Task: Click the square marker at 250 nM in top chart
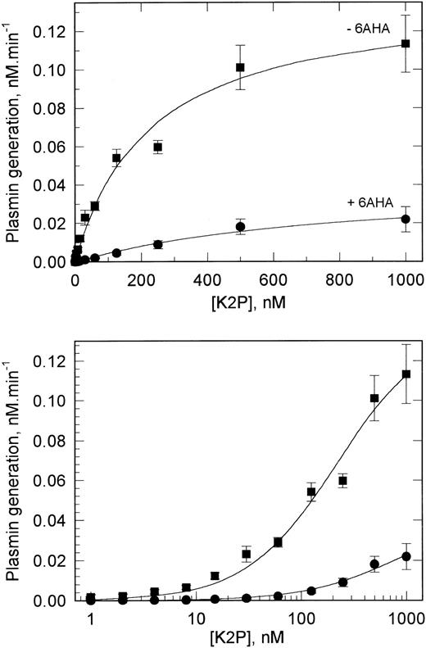(x=157, y=147)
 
